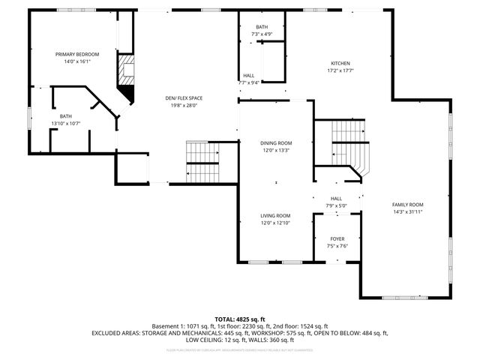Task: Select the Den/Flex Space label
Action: pyautogui.click(x=184, y=98)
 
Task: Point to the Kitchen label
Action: pyautogui.click(x=340, y=63)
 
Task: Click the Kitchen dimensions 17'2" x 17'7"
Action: pyautogui.click(x=340, y=70)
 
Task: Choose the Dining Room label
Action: pyautogui.click(x=275, y=142)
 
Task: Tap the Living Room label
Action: pyautogui.click(x=275, y=215)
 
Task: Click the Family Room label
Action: pyautogui.click(x=408, y=205)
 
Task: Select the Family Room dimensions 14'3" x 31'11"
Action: pyautogui.click(x=408, y=212)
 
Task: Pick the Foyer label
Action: pyautogui.click(x=337, y=238)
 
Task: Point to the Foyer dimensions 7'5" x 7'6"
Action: pyautogui.click(x=337, y=246)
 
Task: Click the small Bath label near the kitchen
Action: pyautogui.click(x=262, y=27)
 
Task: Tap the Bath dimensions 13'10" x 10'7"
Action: pyautogui.click(x=66, y=124)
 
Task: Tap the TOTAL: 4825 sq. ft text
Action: pyautogui.click(x=240, y=319)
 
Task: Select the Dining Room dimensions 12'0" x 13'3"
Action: pyautogui.click(x=275, y=150)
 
